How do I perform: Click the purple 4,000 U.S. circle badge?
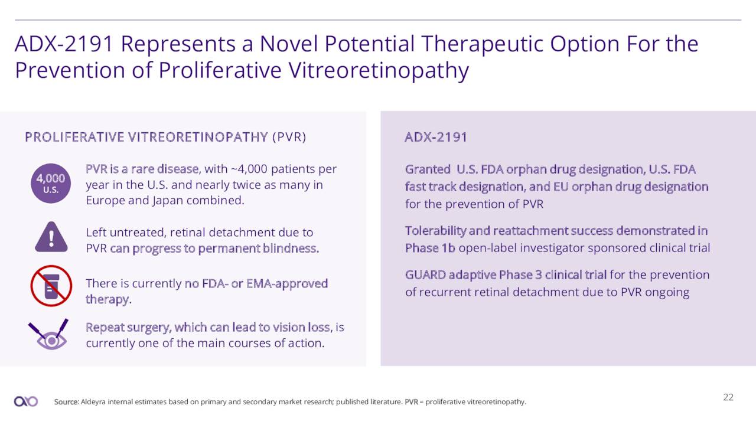[x=51, y=183]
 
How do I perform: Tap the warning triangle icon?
[x=51, y=237]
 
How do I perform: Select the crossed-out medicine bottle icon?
[x=51, y=286]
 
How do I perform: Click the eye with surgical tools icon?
[x=49, y=334]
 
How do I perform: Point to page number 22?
[x=728, y=397]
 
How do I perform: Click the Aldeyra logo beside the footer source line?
[x=26, y=401]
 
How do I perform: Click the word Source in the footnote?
[x=66, y=402]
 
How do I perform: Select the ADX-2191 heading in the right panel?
[x=436, y=137]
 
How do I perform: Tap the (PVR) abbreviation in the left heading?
[x=289, y=138]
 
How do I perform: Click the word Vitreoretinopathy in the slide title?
[x=379, y=70]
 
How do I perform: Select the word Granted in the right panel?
[x=428, y=169]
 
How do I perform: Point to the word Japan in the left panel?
[x=168, y=201]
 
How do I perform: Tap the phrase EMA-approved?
[x=287, y=284]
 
